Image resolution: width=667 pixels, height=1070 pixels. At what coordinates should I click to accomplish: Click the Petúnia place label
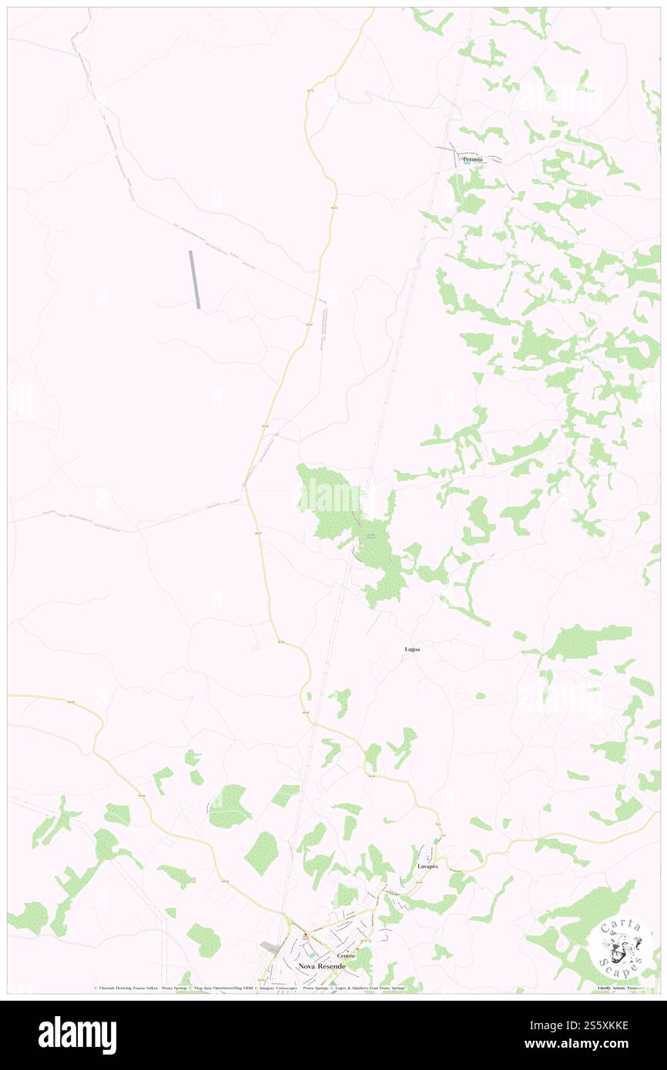click(x=472, y=159)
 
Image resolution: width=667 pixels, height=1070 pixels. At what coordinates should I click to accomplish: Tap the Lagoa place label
click(x=413, y=650)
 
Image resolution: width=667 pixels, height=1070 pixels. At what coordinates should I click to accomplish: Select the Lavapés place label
click(x=427, y=867)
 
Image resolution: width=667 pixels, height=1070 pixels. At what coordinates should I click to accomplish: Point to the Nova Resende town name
click(x=322, y=965)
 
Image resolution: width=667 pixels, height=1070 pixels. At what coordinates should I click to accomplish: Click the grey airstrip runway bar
click(x=195, y=279)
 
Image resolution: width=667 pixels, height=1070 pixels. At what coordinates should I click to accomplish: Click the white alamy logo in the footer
click(x=77, y=1035)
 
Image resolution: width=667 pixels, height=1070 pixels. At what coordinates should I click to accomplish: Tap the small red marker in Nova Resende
click(x=306, y=936)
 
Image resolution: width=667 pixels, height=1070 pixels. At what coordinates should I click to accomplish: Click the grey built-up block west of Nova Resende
click(x=270, y=945)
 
